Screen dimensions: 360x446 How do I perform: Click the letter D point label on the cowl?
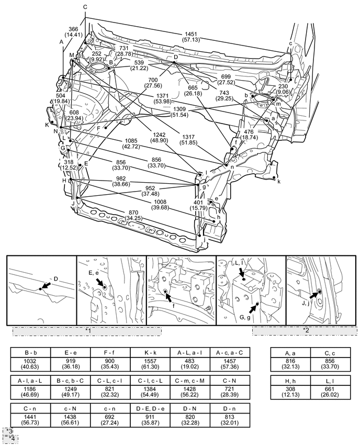(x=176, y=57)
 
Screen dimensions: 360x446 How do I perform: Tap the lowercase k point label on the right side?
(x=279, y=182)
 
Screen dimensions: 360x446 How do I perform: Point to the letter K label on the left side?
(x=47, y=125)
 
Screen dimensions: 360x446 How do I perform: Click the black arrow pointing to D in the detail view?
(x=47, y=285)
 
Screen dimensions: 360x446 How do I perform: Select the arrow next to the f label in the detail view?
(x=168, y=297)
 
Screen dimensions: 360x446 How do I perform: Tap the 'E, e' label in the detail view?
(x=94, y=273)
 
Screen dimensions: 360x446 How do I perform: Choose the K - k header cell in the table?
(x=150, y=353)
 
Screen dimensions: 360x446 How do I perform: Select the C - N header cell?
(x=230, y=381)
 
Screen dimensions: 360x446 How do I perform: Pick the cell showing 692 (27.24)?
(x=110, y=420)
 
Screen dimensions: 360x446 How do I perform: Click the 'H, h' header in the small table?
(x=290, y=381)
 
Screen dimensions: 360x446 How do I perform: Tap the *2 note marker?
(x=306, y=330)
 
